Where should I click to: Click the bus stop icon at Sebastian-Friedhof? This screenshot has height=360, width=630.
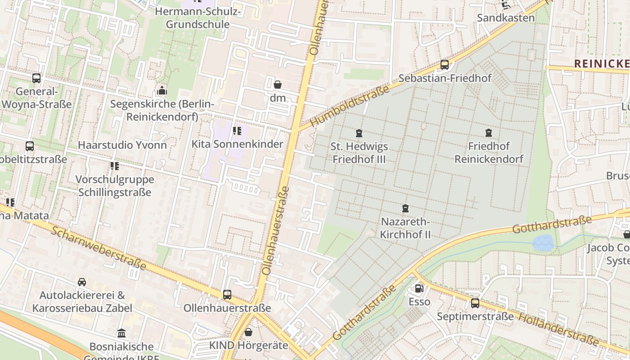click(x=445, y=64)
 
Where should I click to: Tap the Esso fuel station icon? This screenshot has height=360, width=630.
click(x=419, y=288)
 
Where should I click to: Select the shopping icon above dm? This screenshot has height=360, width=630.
click(x=278, y=85)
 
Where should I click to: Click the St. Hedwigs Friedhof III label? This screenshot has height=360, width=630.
click(x=359, y=153)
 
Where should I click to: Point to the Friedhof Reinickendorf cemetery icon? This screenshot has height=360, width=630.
click(x=489, y=133)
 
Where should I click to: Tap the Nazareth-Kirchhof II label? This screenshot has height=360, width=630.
click(x=405, y=228)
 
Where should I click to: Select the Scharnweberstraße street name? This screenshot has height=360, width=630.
click(x=99, y=248)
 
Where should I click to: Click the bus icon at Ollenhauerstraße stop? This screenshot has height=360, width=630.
click(x=227, y=295)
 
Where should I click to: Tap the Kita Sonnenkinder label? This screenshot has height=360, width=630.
click(x=237, y=144)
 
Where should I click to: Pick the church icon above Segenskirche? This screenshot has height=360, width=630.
click(x=162, y=91)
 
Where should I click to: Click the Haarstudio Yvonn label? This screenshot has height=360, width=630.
click(x=122, y=145)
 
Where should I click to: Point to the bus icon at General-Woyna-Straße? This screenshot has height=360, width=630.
click(x=36, y=78)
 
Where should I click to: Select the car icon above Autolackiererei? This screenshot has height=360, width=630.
click(x=82, y=282)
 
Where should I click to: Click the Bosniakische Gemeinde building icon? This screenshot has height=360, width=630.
click(x=121, y=333)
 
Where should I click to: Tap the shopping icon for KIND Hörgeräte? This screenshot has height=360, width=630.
click(x=248, y=333)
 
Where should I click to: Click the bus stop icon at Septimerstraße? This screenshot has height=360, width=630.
click(x=475, y=303)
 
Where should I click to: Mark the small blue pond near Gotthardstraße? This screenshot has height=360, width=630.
click(x=543, y=243)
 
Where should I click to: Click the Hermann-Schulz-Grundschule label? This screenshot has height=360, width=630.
click(x=198, y=18)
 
